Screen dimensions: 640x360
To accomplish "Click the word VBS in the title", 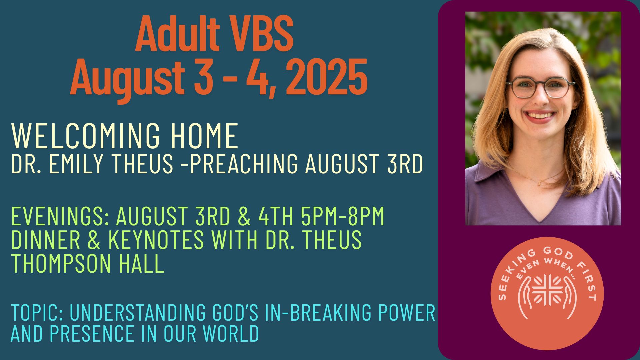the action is pos(259,33).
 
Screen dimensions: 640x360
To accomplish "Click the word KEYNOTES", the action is pos(156,240).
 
